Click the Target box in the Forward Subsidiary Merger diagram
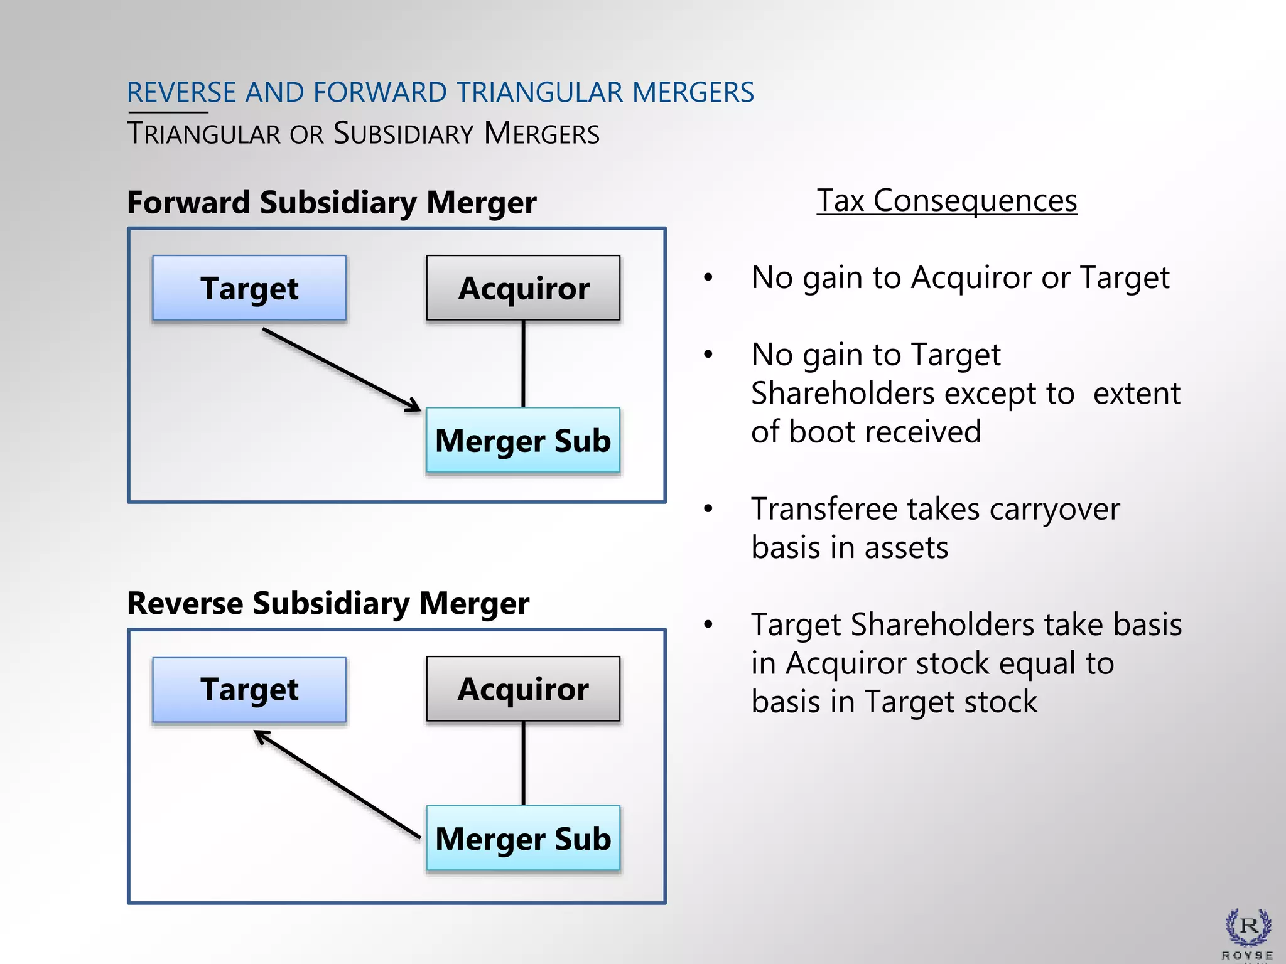[x=249, y=288]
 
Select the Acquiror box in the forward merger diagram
[x=523, y=288]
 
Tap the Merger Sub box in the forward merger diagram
[x=523, y=440]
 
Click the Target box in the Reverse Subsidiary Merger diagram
[x=249, y=689]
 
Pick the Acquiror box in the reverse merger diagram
[x=523, y=689]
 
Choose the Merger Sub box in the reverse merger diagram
[x=523, y=838]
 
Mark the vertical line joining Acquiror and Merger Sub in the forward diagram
[x=524, y=364]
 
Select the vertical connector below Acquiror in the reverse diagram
[x=524, y=763]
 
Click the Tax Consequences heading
[x=946, y=201]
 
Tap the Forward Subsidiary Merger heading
[x=332, y=203]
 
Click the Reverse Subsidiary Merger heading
[x=328, y=603]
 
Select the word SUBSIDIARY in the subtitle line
[x=403, y=134]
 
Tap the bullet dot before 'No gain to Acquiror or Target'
[x=708, y=277]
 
